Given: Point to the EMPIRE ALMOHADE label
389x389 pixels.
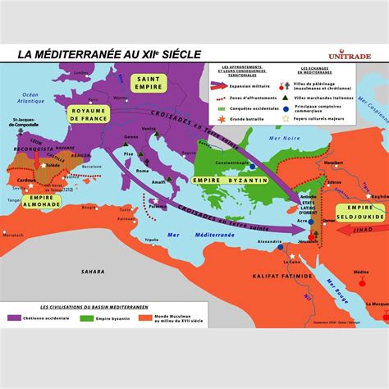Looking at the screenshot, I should pos(39,201).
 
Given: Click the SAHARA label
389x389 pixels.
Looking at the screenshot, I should pos(93,270).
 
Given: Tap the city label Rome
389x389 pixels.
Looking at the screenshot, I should pos(142,170).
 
